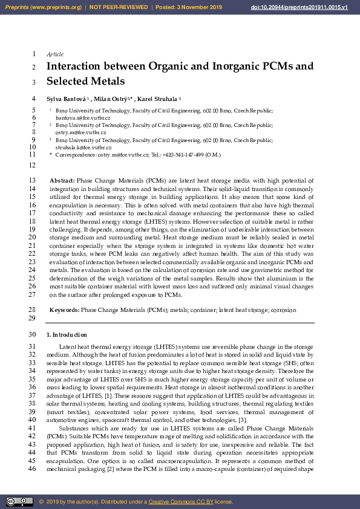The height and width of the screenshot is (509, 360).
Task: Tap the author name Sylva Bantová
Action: click(66, 99)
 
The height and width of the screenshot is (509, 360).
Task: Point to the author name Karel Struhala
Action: click(156, 99)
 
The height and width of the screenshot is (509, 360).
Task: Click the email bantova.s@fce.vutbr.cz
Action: click(83, 118)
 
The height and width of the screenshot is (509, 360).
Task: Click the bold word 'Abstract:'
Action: click(62, 180)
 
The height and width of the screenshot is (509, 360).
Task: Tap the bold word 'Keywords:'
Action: click(64, 310)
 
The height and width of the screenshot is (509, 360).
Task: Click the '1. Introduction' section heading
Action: click(67, 334)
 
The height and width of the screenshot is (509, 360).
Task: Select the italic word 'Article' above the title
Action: click(55, 54)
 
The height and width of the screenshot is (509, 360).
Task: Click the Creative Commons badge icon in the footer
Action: click(19, 501)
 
